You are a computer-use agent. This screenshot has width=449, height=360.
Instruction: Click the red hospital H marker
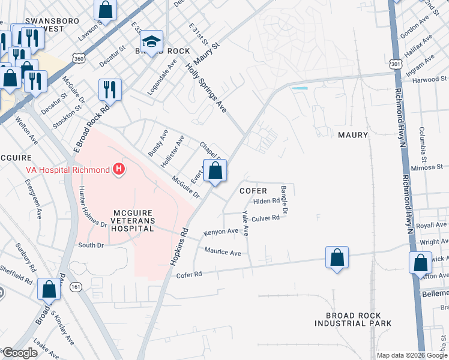coord(119,170)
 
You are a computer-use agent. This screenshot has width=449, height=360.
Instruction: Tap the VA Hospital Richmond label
coord(67,170)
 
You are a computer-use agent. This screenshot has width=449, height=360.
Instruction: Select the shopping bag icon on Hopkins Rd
coord(215,171)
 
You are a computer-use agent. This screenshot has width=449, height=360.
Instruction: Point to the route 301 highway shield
coord(394,64)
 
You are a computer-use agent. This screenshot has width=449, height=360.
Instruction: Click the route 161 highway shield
coord(76,287)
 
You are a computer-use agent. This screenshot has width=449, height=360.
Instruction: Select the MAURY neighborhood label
coord(352,135)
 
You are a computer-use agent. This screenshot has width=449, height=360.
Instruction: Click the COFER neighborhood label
coord(253,190)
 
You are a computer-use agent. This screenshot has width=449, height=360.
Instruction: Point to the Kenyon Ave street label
coord(221,231)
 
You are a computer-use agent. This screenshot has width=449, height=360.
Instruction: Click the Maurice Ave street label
coord(222,252)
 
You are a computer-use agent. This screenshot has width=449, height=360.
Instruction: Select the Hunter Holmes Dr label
coord(92,208)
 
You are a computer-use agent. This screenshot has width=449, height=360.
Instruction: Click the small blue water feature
coord(299,89)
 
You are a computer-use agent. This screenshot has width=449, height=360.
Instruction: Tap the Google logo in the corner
coord(19,353)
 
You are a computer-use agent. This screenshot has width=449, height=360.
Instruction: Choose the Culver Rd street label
coord(265,218)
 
